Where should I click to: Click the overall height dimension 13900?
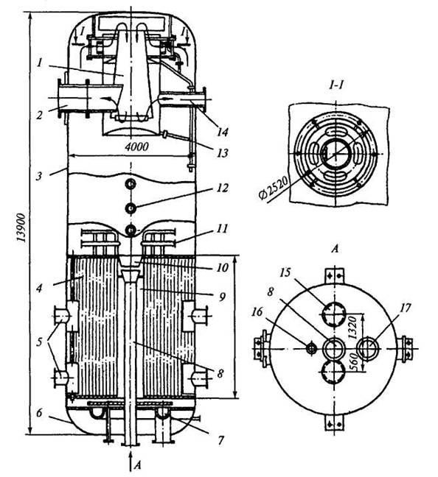(21, 227)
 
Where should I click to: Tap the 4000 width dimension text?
(137, 147)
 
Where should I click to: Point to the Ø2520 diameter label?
(274, 188)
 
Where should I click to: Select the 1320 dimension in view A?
(352, 328)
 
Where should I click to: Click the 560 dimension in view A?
(352, 361)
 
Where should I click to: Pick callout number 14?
(223, 132)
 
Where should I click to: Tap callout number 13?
(223, 152)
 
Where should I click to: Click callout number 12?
(223, 188)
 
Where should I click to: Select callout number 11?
(223, 228)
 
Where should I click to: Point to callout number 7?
(221, 440)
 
